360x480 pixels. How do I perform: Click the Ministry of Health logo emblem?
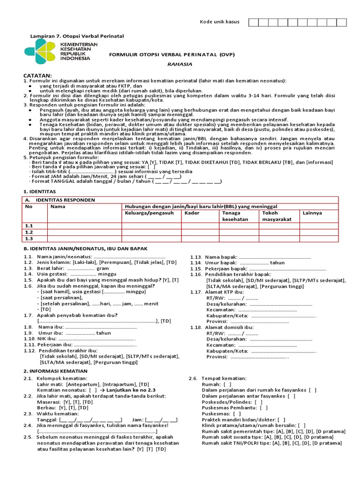point(40,52)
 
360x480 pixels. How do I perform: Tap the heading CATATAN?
point(37,75)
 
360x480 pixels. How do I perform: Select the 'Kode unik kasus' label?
point(219,22)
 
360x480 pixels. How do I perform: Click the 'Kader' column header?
point(192,213)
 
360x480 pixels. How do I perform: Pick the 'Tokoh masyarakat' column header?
point(276,216)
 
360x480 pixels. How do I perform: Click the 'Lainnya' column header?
point(312,213)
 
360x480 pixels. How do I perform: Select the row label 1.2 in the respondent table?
point(29,232)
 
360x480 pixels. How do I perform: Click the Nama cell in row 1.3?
point(84,239)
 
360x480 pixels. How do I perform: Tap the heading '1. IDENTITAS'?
point(39,192)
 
